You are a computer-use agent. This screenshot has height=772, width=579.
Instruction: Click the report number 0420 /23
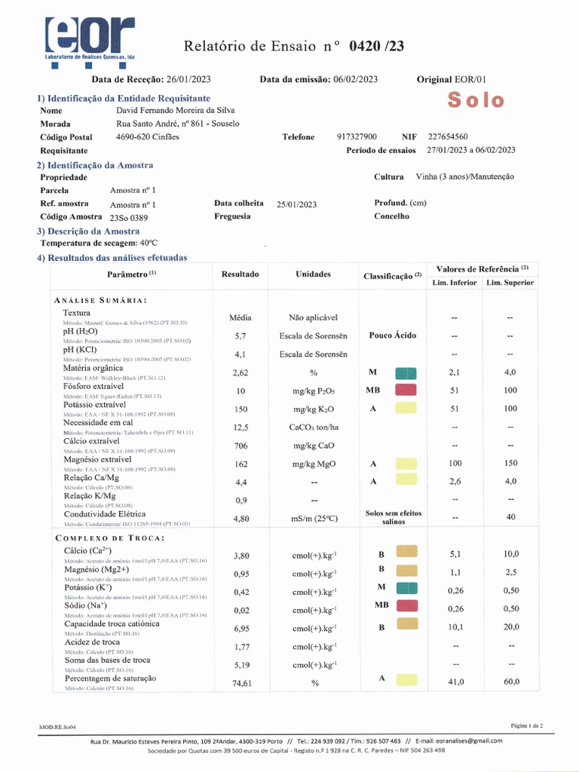pyautogui.click(x=377, y=47)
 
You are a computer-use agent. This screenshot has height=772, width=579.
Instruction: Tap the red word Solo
pyautogui.click(x=476, y=100)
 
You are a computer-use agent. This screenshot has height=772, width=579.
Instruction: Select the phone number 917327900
pyautogui.click(x=357, y=136)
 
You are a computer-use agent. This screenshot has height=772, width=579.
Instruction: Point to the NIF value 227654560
pyautogui.click(x=448, y=136)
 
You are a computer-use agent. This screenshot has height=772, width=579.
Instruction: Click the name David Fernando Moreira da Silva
pyautogui.click(x=176, y=110)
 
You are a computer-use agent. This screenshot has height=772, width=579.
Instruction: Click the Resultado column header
pyautogui.click(x=240, y=274)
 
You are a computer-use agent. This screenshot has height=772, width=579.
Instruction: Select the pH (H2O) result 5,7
pyautogui.click(x=240, y=335)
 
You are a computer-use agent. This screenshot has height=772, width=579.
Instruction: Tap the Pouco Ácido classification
pyautogui.click(x=391, y=335)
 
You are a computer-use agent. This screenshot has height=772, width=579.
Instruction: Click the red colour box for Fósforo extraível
pyautogui.click(x=406, y=390)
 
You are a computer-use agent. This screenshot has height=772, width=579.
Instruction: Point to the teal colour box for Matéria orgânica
pyautogui.click(x=406, y=372)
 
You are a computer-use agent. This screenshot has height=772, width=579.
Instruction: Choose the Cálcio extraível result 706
pyautogui.click(x=240, y=446)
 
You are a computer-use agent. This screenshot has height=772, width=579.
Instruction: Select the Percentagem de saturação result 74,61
pyautogui.click(x=240, y=683)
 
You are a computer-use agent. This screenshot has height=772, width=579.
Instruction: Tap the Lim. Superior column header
pyautogui.click(x=510, y=283)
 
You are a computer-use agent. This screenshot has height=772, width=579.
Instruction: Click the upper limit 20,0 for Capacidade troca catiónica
pyautogui.click(x=511, y=627)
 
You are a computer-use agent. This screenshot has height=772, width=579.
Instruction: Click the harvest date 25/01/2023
pyautogui.click(x=297, y=204)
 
